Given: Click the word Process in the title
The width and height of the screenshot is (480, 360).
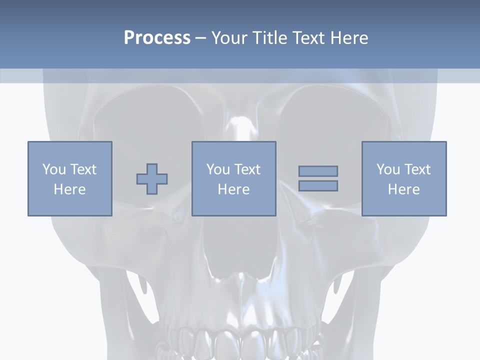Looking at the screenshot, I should (157, 38).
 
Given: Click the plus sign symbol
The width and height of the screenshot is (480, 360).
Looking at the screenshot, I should (152, 179).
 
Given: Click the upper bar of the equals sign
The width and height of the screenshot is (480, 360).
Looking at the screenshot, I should (318, 171).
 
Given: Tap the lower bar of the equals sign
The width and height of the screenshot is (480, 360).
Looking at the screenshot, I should (318, 185).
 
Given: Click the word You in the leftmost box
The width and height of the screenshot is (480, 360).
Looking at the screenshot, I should (54, 169).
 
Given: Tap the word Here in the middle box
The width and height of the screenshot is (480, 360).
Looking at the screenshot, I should (234, 189).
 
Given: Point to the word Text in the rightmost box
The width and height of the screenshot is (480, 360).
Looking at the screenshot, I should (416, 169).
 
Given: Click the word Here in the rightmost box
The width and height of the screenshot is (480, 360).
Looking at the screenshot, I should (404, 189).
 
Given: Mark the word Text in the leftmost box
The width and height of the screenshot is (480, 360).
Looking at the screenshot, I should (82, 169).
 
